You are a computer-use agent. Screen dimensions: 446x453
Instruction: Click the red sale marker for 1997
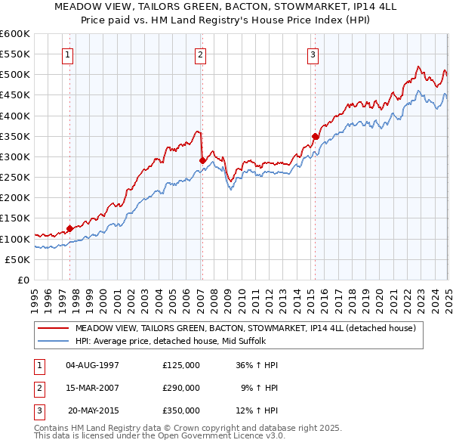[x=69, y=228]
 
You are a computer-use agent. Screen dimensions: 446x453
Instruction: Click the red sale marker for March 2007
[x=202, y=160]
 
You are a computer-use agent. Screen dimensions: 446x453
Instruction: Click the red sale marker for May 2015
[x=315, y=136]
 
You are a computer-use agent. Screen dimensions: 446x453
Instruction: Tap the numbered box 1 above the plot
[x=68, y=54]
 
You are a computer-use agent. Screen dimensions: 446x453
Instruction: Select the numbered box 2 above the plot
[x=200, y=54]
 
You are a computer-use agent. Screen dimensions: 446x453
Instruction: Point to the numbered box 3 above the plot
[x=313, y=54]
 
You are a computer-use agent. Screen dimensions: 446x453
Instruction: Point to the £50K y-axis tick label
[x=17, y=259]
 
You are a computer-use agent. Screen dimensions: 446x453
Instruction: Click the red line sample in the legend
[x=54, y=328]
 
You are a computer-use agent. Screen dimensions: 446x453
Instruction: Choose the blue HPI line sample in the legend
[x=54, y=342]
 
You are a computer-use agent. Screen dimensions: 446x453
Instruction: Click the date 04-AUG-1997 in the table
[x=93, y=365]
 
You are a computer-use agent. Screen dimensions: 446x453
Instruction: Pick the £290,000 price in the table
[x=181, y=388]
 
